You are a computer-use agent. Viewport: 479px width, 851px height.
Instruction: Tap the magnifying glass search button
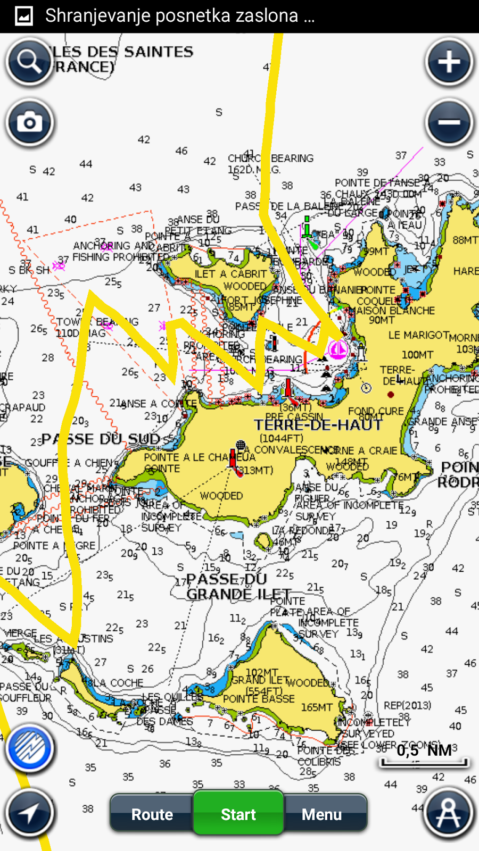coord(29,62)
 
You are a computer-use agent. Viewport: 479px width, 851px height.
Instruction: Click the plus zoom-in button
coord(449,62)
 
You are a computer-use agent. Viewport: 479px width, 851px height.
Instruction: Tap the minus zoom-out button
coord(449,123)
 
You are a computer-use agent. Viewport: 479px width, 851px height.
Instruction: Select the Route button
coord(152,814)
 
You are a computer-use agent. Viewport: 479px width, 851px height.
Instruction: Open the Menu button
coord(322,814)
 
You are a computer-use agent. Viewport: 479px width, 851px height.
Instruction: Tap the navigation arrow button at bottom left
coord(30,813)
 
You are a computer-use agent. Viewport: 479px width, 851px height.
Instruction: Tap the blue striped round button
coord(30,748)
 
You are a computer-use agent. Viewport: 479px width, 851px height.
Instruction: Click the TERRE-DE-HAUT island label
coord(318,425)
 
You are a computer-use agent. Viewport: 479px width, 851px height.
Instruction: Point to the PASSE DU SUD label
coord(101,439)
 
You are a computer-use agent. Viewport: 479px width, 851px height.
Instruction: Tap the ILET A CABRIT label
coord(230,274)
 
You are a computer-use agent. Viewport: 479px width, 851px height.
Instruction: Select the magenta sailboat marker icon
coord(337,349)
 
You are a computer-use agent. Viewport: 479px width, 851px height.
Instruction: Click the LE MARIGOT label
coord(418,335)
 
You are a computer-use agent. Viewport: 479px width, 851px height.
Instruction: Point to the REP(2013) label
coord(407,705)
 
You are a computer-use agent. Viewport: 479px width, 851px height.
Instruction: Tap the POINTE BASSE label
coord(259,698)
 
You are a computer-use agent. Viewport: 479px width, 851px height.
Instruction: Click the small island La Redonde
coord(263,542)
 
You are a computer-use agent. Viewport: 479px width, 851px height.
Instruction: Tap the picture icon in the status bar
coord(23,16)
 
